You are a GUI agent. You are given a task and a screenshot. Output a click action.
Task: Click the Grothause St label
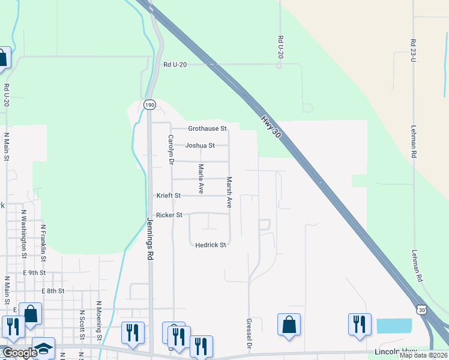207,128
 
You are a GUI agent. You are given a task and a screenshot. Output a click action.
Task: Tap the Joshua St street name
200,145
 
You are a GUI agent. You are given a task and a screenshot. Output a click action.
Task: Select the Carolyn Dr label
170,150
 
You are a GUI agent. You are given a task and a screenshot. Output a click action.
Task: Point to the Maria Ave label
201,175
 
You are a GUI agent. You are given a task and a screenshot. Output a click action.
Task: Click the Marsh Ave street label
229,192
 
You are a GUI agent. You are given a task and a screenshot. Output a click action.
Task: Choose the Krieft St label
169,196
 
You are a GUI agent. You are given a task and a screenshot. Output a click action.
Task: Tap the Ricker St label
169,215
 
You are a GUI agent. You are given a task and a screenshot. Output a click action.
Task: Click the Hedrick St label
210,245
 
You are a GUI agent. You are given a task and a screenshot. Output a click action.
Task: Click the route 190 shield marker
149,104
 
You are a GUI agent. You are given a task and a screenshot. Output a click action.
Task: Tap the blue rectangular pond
394,326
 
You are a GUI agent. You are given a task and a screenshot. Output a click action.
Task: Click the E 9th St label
34,272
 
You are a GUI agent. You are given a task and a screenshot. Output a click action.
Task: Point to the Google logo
19,353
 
